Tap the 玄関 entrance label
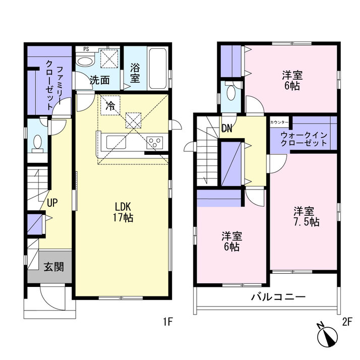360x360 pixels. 54,267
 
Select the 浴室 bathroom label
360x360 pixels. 135,73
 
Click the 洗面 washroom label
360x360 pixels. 99,80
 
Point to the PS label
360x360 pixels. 86,49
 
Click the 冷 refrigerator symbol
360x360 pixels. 110,105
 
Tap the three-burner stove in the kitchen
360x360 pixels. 155,142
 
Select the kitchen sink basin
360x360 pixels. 116,142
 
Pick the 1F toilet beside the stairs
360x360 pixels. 37,144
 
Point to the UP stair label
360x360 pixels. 52,203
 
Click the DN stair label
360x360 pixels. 227,129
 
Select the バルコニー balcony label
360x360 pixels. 278,297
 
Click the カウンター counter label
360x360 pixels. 279,123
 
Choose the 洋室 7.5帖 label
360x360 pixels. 307,216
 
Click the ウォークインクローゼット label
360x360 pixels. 304,139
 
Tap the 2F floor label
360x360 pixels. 347,322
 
